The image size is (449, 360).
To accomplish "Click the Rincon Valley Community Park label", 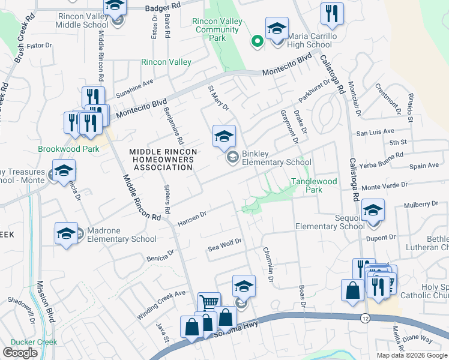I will click(x=217, y=29).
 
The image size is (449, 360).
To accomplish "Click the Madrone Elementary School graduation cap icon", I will click(x=66, y=233).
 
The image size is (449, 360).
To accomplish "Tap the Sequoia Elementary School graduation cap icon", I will click(x=373, y=211).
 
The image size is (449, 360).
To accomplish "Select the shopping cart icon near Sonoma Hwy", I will click(x=209, y=304).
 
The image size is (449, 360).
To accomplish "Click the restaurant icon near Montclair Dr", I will click(x=332, y=14).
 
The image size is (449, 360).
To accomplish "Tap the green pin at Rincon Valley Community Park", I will click(x=257, y=41).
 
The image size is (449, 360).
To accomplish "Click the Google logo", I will click(x=20, y=353).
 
